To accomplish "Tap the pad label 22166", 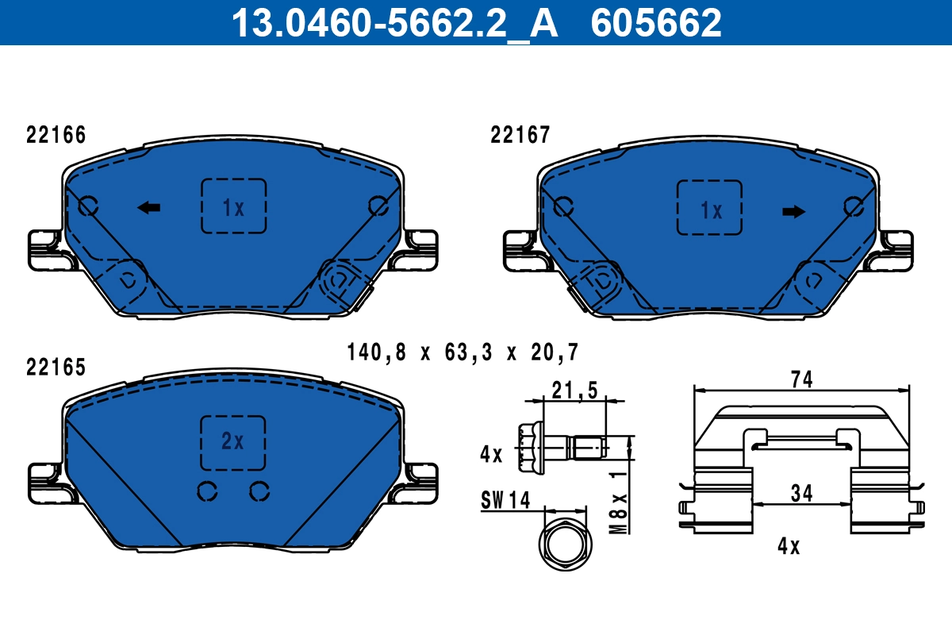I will tap(56, 136).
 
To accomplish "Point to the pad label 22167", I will tap(520, 136).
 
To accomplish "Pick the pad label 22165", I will tap(56, 368).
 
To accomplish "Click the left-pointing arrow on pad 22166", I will tap(148, 207).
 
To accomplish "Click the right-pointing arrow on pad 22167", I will tap(793, 211).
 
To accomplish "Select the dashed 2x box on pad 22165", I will tap(232, 442).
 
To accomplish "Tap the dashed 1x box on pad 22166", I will tap(232, 206).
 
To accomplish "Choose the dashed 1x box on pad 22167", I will tap(709, 207).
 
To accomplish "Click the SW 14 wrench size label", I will tap(505, 500).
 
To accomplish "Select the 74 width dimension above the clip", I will tap(802, 379).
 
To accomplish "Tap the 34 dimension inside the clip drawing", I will tap(801, 493).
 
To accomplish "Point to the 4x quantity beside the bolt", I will tap(492, 455).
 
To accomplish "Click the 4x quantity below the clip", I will tap(789, 547).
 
